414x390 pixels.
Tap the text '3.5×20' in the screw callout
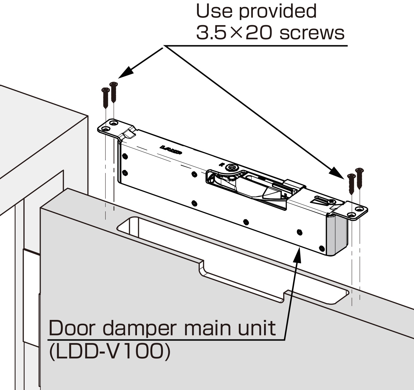click(x=234, y=33)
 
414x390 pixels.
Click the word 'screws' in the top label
click(x=312, y=33)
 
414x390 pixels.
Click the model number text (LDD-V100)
click(x=110, y=351)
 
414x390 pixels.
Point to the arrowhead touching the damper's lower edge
click(x=298, y=254)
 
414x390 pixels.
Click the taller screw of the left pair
click(x=114, y=92)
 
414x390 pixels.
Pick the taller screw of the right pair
click(x=359, y=178)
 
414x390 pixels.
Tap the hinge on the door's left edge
click(x=31, y=297)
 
